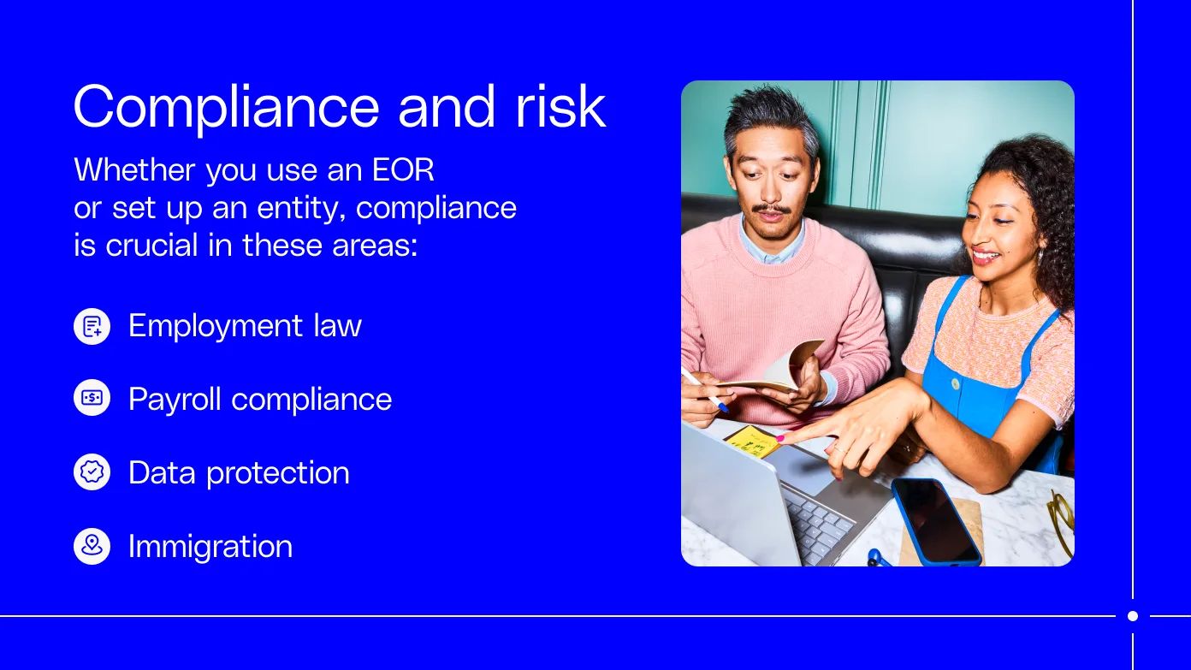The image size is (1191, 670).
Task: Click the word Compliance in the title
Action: [226, 107]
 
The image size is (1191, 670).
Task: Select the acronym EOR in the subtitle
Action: [403, 169]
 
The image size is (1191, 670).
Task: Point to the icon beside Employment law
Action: [92, 326]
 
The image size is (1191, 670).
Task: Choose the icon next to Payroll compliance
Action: [92, 399]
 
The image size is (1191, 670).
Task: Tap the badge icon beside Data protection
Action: [92, 472]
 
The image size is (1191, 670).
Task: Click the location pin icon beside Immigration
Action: [92, 546]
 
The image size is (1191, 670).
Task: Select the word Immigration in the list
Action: [210, 546]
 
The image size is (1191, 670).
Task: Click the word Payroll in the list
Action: [175, 400]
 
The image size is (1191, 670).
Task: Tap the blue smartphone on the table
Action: [936, 521]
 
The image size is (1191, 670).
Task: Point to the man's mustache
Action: [772, 210]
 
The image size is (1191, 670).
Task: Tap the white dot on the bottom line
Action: [1133, 616]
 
